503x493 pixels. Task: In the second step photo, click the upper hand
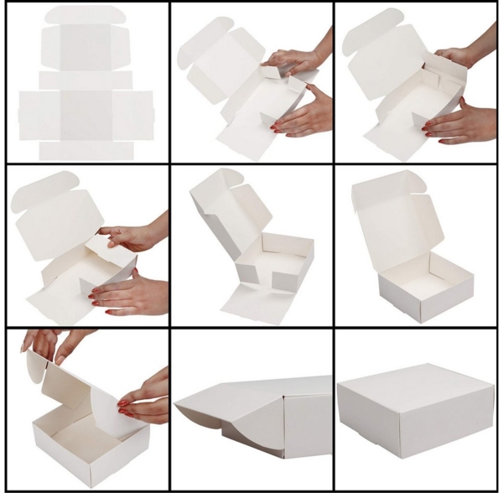tap(293, 60)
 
